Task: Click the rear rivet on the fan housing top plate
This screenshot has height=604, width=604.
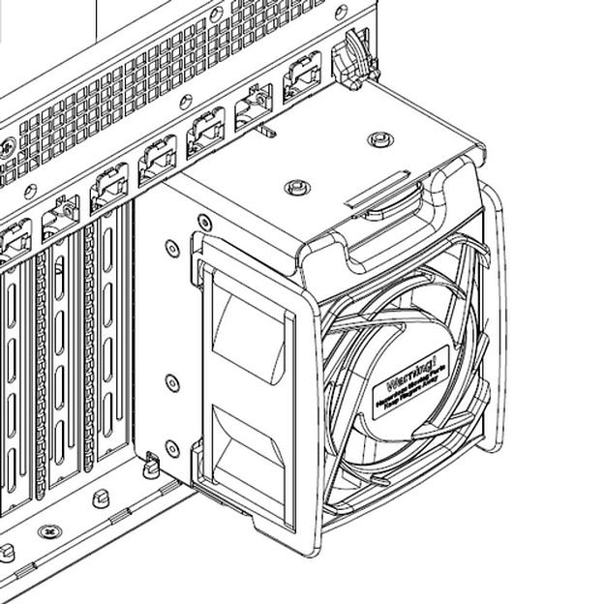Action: (x=380, y=139)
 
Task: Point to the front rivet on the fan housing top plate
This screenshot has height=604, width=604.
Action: (x=295, y=186)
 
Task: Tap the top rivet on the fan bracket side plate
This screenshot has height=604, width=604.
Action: (x=172, y=249)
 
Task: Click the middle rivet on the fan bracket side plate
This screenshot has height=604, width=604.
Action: (x=172, y=383)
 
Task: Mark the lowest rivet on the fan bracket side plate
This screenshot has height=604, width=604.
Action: (x=172, y=448)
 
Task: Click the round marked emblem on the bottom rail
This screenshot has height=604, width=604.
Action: (x=49, y=531)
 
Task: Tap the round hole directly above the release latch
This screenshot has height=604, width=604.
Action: (x=341, y=13)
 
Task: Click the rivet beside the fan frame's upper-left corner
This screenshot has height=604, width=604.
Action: (x=203, y=221)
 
